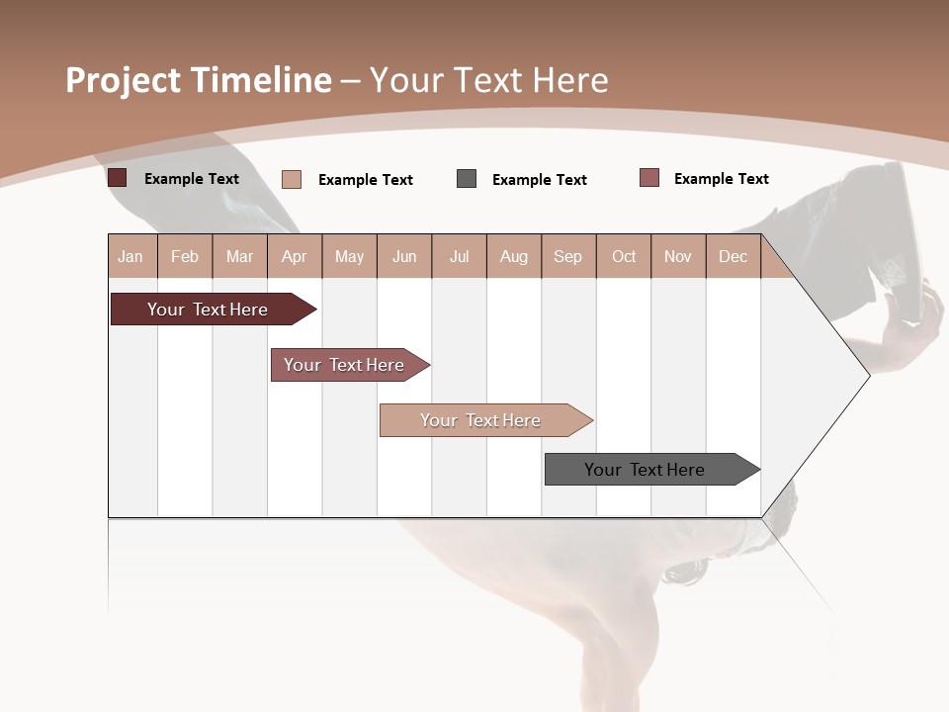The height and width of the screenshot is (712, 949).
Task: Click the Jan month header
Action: pos(130,256)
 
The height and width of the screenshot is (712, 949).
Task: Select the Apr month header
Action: pos(295,256)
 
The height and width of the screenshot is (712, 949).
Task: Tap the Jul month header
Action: pos(459,256)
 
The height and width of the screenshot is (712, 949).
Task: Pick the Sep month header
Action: pos(567,256)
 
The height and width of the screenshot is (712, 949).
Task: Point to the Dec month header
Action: pos(733,256)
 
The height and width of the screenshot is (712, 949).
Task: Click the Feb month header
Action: pos(185,256)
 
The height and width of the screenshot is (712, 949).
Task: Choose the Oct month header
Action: pos(624,256)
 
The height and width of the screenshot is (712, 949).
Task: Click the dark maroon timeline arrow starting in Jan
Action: pos(209,310)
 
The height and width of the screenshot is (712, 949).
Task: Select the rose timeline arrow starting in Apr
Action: pos(345,365)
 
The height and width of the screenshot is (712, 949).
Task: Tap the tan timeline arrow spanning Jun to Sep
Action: pos(481,420)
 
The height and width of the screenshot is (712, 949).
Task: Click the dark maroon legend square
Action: pos(118,178)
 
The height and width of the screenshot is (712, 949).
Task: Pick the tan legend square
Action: pos(292,179)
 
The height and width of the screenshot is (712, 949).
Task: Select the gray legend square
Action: pos(467,179)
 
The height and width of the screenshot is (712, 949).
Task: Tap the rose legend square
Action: pos(649,178)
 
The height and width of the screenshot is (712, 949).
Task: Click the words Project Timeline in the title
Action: pos(199,80)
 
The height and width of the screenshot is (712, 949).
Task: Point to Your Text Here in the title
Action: pos(488,80)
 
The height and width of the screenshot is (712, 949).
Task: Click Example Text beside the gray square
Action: pos(539,180)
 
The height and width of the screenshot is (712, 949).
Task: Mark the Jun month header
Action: pos(404,256)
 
